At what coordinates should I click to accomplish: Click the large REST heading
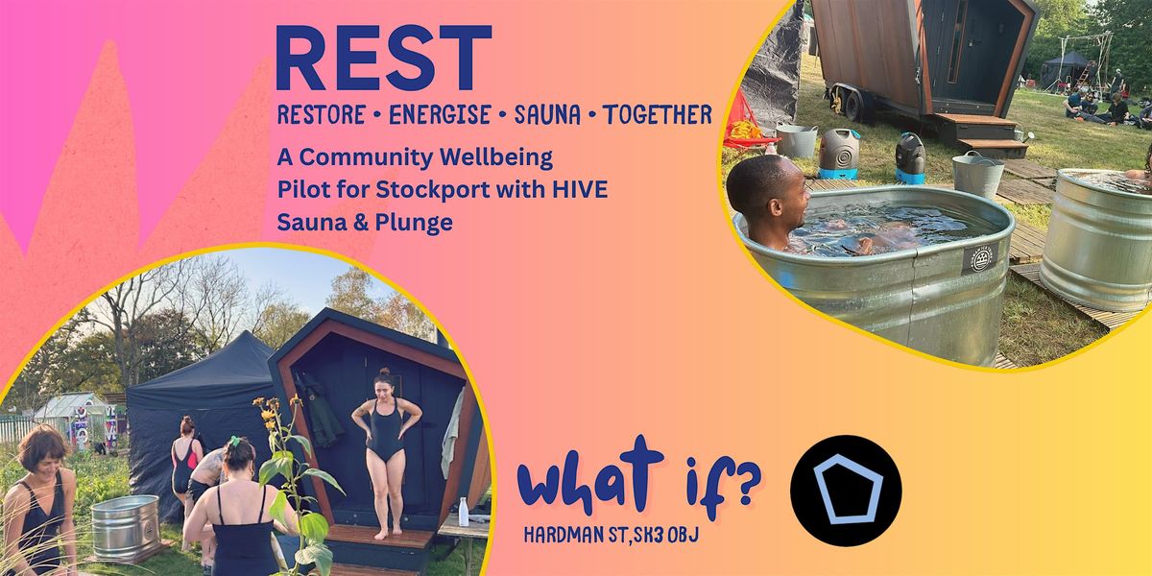click(384, 58)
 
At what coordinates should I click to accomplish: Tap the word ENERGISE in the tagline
click(440, 114)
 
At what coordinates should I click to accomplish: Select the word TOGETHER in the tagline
click(658, 114)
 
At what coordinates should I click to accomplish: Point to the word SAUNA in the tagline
click(547, 114)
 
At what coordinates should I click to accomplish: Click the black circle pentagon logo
click(846, 491)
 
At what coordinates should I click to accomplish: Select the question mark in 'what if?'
click(745, 484)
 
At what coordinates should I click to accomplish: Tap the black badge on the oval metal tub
click(980, 258)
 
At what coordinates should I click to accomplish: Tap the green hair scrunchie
click(235, 442)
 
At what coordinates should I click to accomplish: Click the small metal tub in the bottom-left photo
click(126, 527)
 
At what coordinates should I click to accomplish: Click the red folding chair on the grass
click(745, 124)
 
